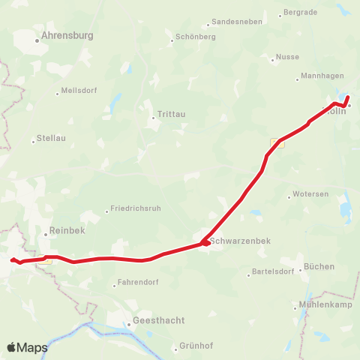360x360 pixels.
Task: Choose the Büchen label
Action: [x=318, y=268]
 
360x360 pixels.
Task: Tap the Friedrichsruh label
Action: [x=135, y=208]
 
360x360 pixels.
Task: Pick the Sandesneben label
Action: [x=237, y=22]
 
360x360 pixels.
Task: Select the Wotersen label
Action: [x=311, y=194]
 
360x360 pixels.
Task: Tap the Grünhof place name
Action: [x=197, y=346]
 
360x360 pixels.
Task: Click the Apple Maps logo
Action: [x=27, y=347]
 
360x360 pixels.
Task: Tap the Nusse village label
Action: [x=287, y=57]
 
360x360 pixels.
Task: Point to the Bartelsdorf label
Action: [x=273, y=274]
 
